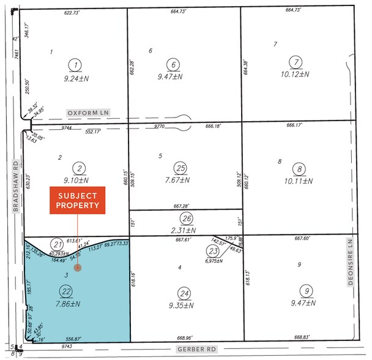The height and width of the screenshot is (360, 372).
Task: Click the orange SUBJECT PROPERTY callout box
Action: point(78,201)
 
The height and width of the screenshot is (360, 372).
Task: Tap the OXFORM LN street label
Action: point(90,113)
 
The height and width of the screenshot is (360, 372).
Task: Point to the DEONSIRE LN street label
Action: point(351,268)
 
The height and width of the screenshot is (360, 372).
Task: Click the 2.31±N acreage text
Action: point(187,230)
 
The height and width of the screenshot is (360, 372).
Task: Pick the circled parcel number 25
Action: point(180,168)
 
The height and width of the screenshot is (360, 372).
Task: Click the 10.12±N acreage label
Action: point(296,75)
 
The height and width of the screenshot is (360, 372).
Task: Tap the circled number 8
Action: point(299,169)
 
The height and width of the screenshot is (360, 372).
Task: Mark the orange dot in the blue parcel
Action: point(77,268)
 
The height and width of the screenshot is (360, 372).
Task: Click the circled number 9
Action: point(304,291)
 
